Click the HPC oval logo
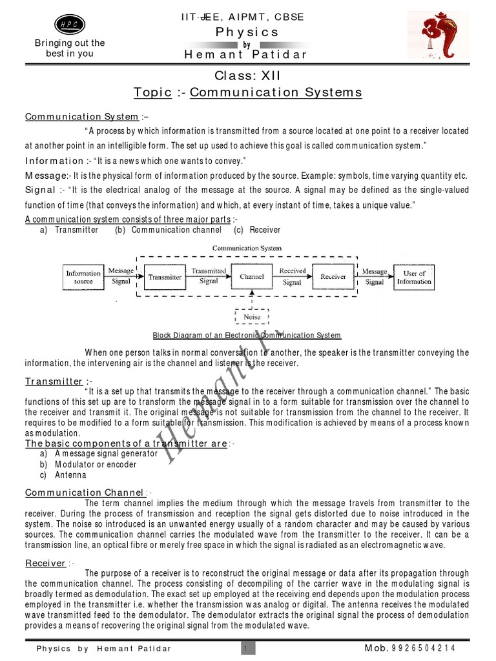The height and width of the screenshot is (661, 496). tap(68, 24)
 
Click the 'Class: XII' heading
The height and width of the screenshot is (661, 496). tap(247, 76)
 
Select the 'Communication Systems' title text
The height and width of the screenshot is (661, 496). tap(276, 92)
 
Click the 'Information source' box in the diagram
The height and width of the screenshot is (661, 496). tap(83, 277)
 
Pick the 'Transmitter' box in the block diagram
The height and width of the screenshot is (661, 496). tap(165, 277)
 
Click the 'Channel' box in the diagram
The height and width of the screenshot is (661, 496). tap(252, 276)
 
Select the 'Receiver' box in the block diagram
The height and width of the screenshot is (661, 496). tap(333, 276)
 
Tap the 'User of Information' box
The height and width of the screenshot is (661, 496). tap(414, 277)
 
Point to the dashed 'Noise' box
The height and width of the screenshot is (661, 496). tap(252, 317)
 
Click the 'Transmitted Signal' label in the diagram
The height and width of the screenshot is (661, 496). tap(209, 276)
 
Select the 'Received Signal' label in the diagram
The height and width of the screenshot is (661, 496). tap(293, 276)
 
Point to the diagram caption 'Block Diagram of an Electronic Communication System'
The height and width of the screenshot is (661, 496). tap(247, 336)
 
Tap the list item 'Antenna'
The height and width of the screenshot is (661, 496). tap(70, 475)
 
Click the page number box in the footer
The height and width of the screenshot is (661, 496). tap(246, 647)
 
